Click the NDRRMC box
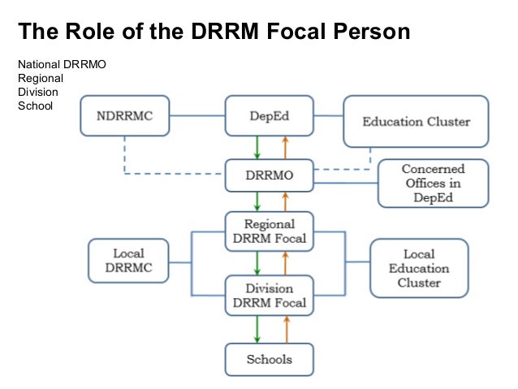127,115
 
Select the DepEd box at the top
269,115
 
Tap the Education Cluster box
416,122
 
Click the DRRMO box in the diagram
269,175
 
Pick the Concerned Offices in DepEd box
433,184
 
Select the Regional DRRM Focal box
269,231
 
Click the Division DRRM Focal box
269,296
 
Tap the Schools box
269,358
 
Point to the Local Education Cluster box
419,267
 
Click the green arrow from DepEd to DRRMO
257,147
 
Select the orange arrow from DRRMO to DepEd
284,147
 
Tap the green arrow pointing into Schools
257,328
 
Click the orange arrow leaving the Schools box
284,328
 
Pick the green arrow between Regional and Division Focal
257,262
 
